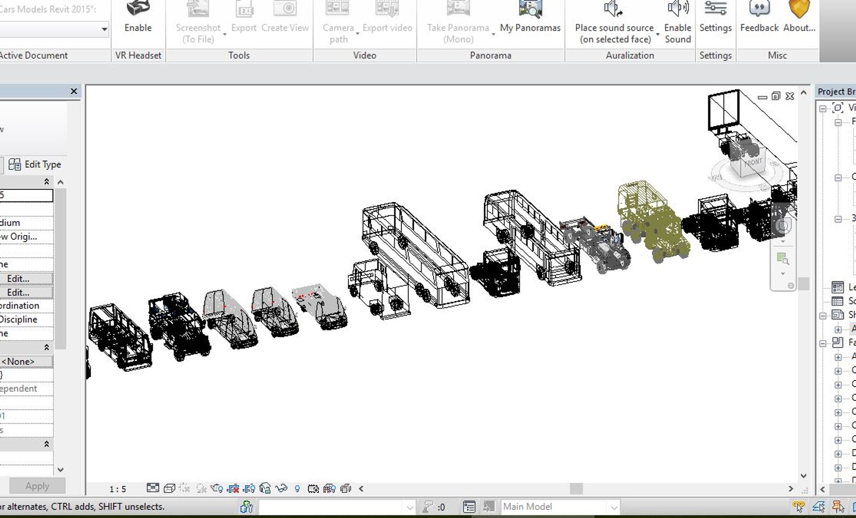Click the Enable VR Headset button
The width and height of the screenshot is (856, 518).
point(138,17)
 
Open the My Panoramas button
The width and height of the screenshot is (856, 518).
point(530,17)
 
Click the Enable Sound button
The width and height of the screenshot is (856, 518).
point(678,22)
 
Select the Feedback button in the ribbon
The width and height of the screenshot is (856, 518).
point(759,17)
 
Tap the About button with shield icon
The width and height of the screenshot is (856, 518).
point(799,17)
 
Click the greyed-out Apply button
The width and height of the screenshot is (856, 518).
point(37,486)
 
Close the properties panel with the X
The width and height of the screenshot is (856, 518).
point(74,91)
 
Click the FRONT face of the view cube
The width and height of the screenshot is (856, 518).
point(752,163)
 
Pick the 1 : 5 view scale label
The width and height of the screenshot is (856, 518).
point(118,489)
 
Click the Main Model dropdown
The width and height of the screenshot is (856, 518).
point(559,506)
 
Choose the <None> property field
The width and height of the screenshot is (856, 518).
point(26,362)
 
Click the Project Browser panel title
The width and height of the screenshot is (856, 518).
point(836,92)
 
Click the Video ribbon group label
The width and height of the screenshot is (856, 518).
point(365,55)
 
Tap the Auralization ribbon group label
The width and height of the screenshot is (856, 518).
point(630,55)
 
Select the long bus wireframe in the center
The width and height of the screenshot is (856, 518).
point(415,254)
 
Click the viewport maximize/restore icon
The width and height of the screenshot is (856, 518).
point(776,96)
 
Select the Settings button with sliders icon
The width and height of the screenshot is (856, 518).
point(715,17)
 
